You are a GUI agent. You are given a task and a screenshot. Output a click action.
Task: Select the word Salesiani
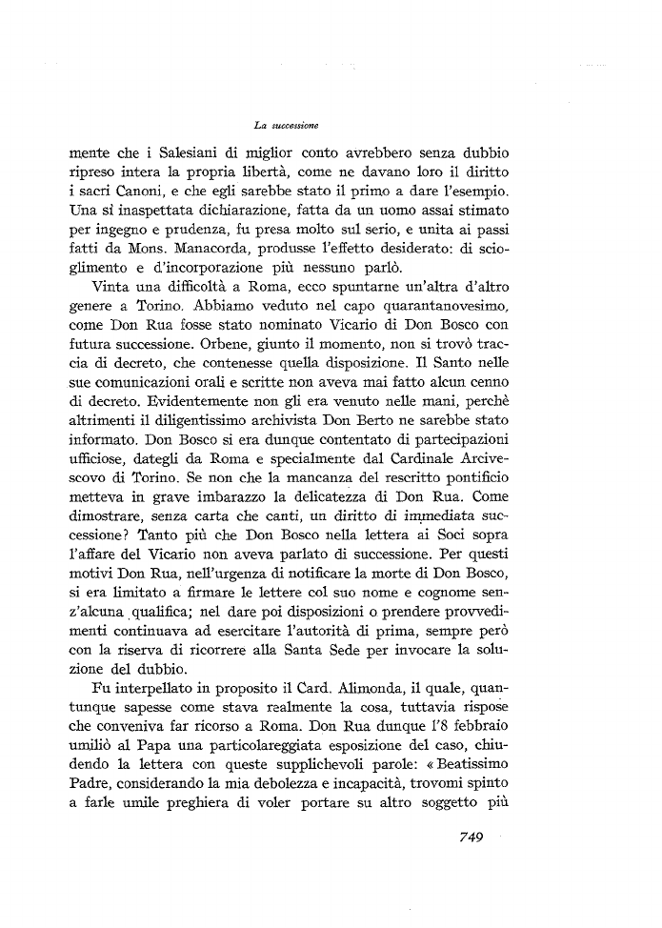[x=165, y=152]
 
